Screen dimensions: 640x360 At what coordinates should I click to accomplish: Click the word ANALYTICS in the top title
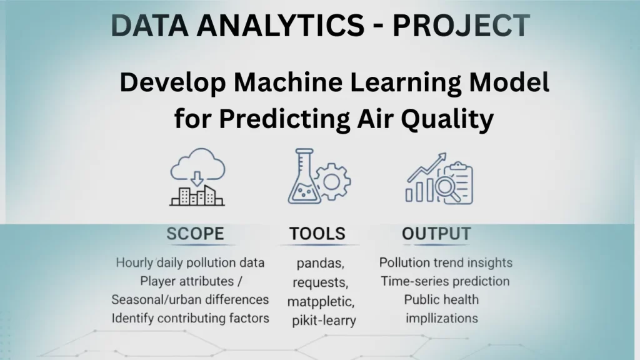281,25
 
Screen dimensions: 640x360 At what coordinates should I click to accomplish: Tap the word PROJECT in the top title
461,25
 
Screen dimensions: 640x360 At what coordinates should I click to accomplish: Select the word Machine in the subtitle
288,82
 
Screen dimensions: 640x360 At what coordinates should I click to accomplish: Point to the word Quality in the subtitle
447,119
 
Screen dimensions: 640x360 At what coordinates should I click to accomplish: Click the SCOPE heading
195,234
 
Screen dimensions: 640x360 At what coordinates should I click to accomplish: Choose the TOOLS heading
317,234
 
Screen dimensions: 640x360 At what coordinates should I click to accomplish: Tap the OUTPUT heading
436,234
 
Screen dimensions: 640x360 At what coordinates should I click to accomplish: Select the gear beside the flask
332,182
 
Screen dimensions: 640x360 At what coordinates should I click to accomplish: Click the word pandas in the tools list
321,264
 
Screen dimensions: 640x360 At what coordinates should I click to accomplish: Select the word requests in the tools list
321,282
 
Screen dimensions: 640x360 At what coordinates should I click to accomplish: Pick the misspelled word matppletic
321,302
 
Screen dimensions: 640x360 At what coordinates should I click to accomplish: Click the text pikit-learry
324,321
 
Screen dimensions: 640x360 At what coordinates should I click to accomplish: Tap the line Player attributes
187,282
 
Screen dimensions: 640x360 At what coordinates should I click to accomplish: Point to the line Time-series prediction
445,281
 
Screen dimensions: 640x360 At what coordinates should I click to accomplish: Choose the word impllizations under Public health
442,318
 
